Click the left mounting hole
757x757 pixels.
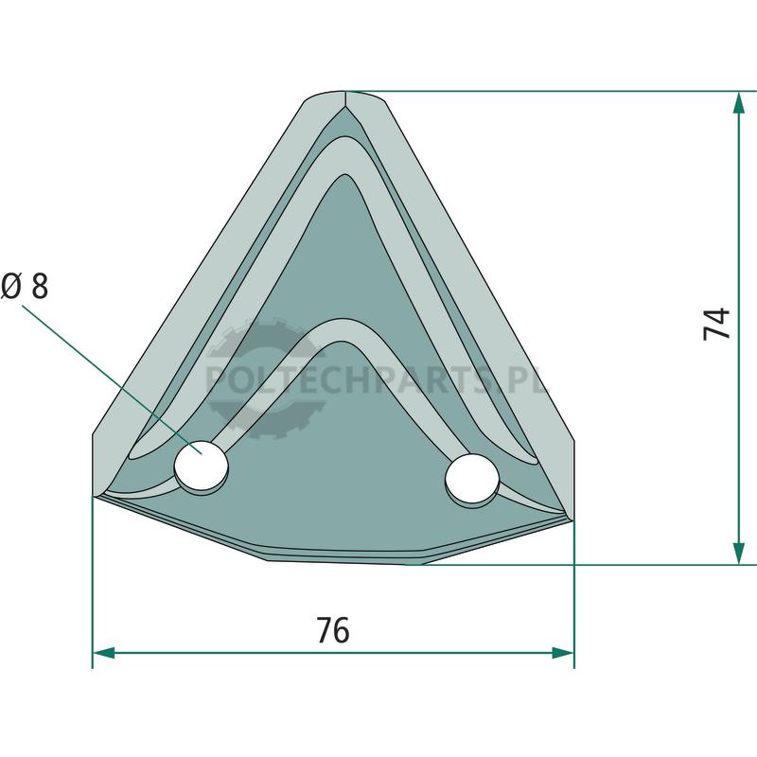click(201, 465)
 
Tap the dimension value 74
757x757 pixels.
click(716, 324)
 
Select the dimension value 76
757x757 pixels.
click(333, 630)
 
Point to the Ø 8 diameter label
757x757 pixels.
click(26, 286)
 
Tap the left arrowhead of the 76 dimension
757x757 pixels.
click(104, 653)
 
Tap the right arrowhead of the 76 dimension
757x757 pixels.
click(563, 653)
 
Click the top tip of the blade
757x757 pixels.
click(345, 91)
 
